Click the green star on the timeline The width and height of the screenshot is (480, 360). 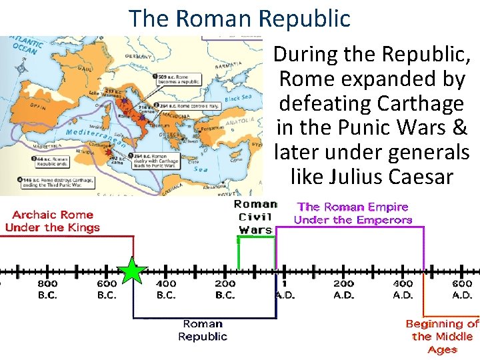[x=133, y=271]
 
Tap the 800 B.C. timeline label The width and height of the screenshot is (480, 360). [x=47, y=289]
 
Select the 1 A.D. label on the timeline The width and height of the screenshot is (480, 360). [x=285, y=289]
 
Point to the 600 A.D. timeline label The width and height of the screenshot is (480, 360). [x=462, y=289]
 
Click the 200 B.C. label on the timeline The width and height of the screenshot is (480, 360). [x=225, y=289]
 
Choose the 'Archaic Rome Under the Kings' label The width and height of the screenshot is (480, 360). [x=52, y=221]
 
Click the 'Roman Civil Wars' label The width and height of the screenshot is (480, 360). [x=255, y=217]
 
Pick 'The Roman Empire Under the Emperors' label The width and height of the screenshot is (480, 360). [x=353, y=213]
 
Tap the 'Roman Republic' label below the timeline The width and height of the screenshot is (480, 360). [x=203, y=330]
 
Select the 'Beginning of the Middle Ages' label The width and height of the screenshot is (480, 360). [x=442, y=337]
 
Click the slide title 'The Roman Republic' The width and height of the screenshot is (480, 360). [x=239, y=18]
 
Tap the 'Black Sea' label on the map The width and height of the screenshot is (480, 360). [x=238, y=97]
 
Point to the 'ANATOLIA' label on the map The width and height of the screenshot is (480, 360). [x=240, y=122]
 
